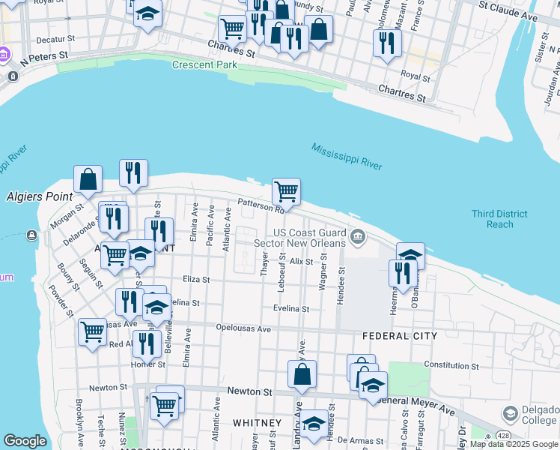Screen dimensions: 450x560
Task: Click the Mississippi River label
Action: pyautogui.click(x=347, y=156)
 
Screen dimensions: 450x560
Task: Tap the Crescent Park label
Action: pyautogui.click(x=204, y=64)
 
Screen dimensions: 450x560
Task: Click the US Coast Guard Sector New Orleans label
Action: pyautogui.click(x=309, y=238)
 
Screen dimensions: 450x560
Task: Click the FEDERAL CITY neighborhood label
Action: pyautogui.click(x=399, y=337)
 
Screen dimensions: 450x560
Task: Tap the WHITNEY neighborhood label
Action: pyautogui.click(x=257, y=422)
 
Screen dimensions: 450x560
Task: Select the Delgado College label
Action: pyautogui.click(x=541, y=415)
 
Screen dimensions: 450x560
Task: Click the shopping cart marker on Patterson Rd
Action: pyautogui.click(x=286, y=191)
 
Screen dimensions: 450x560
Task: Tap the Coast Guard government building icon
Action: pyautogui.click(x=358, y=238)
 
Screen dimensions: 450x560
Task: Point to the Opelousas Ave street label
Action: pyautogui.click(x=243, y=328)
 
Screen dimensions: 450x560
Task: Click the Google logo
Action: pyautogui.click(x=25, y=441)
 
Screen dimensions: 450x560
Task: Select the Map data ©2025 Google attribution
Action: pyautogui.click(x=513, y=444)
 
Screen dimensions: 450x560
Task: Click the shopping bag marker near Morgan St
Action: pyautogui.click(x=88, y=179)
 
